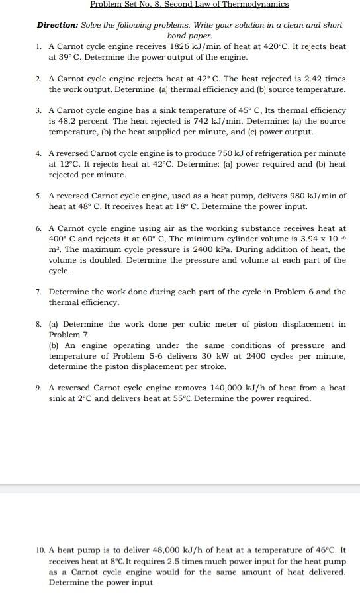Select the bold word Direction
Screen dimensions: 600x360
(x=58, y=25)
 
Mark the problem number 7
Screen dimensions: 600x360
(x=40, y=292)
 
